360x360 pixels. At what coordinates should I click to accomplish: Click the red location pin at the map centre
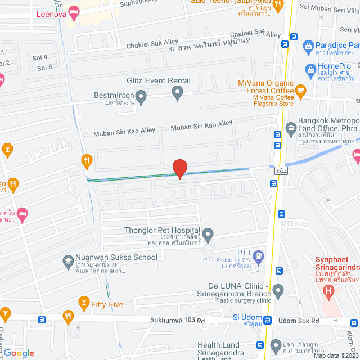[x=179, y=168]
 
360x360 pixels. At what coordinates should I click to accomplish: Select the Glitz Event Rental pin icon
[x=178, y=93]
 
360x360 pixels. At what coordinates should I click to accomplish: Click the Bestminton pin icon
[x=142, y=100]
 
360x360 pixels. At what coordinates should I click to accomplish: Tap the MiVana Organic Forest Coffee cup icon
[x=301, y=90]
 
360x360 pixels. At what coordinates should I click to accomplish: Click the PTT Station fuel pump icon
[x=258, y=256]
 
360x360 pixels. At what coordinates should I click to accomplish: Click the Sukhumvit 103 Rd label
[x=177, y=321]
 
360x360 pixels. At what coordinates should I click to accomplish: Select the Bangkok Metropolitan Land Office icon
[x=291, y=128]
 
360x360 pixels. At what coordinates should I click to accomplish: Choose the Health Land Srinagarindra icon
[x=276, y=344]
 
